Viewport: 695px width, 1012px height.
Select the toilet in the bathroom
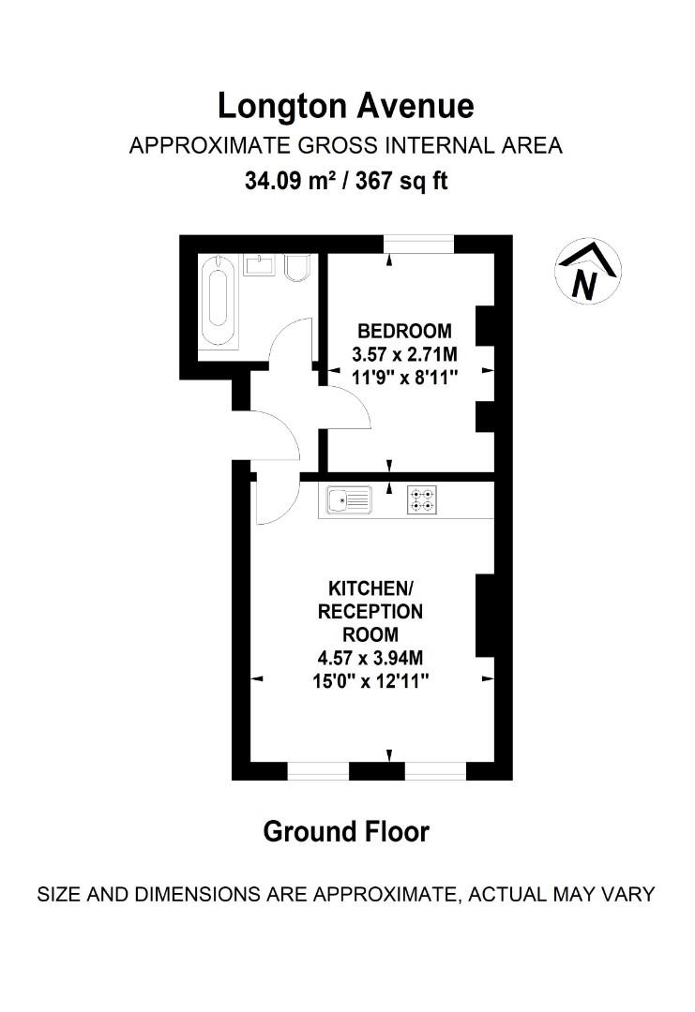tap(295, 270)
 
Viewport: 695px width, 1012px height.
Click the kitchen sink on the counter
tap(350, 501)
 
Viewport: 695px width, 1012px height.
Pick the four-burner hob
tap(421, 501)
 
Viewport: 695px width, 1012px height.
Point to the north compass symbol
tap(588, 272)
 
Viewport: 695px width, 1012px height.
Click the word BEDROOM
tap(404, 331)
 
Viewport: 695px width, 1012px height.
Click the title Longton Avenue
tap(346, 106)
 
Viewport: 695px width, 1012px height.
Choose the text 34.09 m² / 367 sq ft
tap(346, 180)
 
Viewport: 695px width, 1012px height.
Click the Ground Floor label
tap(346, 831)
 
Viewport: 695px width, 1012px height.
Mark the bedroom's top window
tap(419, 244)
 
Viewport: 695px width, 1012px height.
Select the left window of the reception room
tap(318, 771)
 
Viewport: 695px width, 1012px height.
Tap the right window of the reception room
tap(435, 771)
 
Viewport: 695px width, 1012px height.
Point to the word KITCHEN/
tap(370, 588)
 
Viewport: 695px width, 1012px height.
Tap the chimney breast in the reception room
tap(486, 616)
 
